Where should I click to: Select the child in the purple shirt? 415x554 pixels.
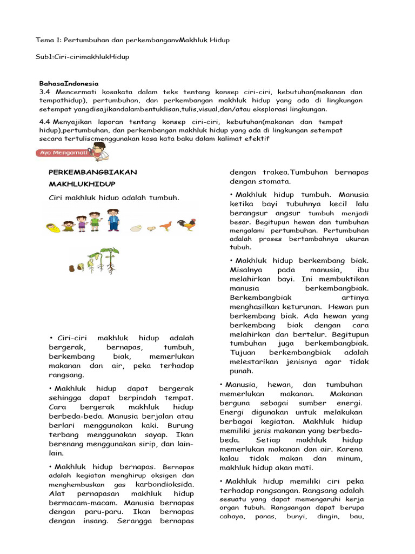click(82, 223)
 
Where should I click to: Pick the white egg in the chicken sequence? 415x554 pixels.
click(137, 228)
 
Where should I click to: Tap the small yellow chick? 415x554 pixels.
click(152, 228)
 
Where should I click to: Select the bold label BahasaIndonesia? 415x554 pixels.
click(69, 83)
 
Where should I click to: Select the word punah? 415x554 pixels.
click(242, 371)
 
